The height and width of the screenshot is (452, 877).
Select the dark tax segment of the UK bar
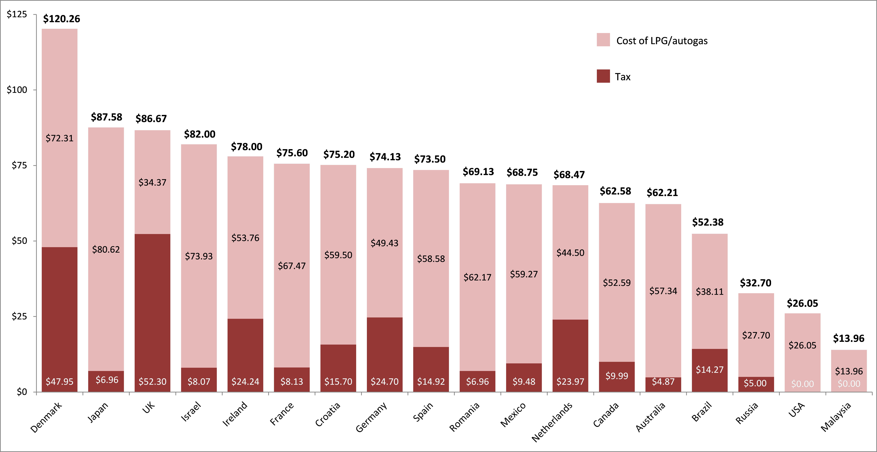pyautogui.click(x=152, y=306)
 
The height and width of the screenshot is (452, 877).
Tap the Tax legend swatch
pyautogui.click(x=603, y=76)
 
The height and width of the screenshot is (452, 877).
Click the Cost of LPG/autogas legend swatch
pyautogui.click(x=603, y=40)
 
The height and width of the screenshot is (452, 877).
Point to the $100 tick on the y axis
pyautogui.click(x=17, y=90)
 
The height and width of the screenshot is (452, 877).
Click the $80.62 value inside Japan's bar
pyautogui.click(x=106, y=250)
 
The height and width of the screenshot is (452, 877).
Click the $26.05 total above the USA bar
pyautogui.click(x=802, y=303)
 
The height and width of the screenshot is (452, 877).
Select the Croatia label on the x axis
pyautogui.click(x=328, y=414)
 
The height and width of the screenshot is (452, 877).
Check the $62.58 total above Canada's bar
pyautogui.click(x=615, y=191)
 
